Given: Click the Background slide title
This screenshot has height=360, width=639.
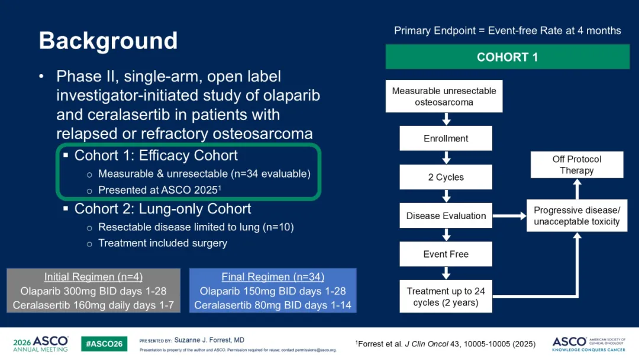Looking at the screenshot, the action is coord(108,41).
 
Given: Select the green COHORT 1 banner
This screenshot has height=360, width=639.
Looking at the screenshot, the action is coord(508,57).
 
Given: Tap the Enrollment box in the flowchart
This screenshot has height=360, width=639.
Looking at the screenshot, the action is coord(446,138).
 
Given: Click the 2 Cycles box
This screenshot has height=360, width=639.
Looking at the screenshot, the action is coord(446,177).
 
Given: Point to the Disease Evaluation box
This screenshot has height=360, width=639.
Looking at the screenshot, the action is coord(446,216).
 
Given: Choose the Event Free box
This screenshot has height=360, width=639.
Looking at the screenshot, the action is coord(446,254).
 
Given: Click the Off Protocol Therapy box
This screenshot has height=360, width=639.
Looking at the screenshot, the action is coord(577,165).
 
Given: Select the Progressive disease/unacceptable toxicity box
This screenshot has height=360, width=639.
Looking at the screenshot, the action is coord(577,216).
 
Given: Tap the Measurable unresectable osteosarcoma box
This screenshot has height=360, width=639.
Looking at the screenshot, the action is coord(444,97).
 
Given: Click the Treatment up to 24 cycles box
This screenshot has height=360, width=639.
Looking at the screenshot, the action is coord(446,297).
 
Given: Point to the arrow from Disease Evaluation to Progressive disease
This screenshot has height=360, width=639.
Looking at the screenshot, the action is coord(509,216).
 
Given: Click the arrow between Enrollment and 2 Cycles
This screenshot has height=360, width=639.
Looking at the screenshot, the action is coord(446,157).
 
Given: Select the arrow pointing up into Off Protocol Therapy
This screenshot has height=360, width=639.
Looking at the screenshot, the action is coord(577,189).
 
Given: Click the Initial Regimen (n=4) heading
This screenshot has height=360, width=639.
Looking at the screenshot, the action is coord(93,277).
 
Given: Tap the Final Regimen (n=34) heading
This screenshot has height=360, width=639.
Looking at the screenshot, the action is coord(273,277).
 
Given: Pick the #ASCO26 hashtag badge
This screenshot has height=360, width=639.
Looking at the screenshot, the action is coord(104,343).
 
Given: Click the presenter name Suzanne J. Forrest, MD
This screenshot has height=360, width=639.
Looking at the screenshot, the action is coord(209,340).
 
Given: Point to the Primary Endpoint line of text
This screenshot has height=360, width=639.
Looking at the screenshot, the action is coord(508,31).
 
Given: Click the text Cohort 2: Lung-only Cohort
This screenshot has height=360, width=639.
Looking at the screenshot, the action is coord(163,209).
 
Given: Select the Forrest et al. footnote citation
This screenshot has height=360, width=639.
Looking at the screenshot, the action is coord(446,343).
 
